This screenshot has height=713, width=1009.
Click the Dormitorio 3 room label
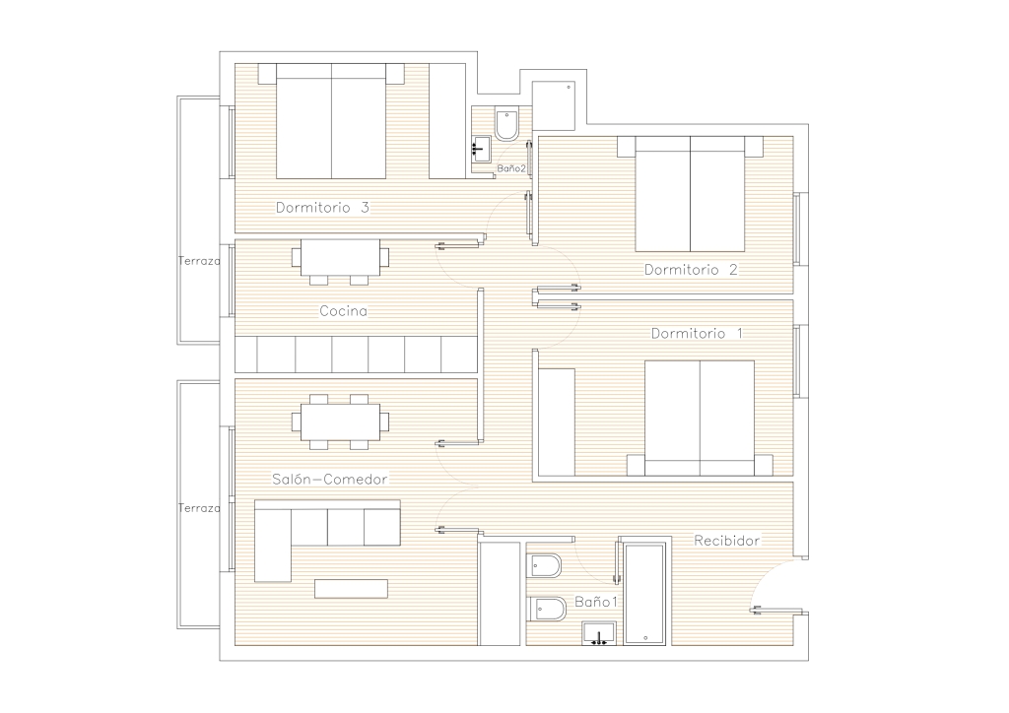tap(322, 208)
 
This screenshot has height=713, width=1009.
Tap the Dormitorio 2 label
tap(691, 270)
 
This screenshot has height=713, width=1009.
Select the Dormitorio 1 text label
tap(697, 333)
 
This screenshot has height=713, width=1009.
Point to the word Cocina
tap(344, 311)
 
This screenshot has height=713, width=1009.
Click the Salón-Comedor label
tap(329, 479)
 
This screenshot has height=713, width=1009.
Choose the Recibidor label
tap(726, 541)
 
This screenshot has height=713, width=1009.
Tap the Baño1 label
tap(596, 602)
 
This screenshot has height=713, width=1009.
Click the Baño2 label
tap(511, 168)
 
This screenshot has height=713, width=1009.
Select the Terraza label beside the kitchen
tap(199, 261)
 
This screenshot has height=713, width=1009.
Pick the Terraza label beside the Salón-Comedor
tap(199, 508)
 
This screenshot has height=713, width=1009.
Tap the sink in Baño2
tap(481, 149)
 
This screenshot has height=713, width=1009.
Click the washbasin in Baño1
tap(599, 633)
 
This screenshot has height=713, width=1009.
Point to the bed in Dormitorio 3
tap(331, 121)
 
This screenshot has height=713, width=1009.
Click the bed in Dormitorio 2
tap(690, 194)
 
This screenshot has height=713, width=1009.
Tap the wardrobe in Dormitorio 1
tap(557, 421)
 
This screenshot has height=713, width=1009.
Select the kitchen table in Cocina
tap(340, 257)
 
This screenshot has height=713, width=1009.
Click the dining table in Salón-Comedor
tap(340, 421)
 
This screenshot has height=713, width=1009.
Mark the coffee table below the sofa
tap(352, 588)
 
